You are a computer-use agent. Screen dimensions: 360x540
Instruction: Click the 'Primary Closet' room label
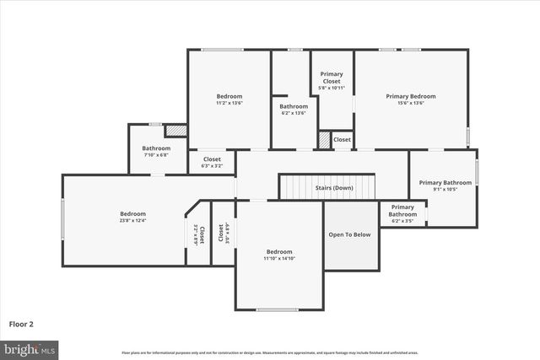pos(332,74)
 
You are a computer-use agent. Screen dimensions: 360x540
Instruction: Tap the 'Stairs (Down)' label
pos(334,187)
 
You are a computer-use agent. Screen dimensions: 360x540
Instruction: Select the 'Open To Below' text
pos(349,234)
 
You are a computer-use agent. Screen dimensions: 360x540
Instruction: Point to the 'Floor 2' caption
pos(22,323)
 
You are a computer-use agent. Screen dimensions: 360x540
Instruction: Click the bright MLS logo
pos(30,348)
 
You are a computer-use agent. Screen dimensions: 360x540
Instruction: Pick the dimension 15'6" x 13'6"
pos(410,103)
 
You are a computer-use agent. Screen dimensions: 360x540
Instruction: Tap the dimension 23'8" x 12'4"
pos(132,221)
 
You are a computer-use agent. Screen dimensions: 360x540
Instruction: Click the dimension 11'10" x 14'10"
pos(279,258)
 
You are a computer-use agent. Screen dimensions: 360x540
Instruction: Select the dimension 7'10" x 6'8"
pos(156,155)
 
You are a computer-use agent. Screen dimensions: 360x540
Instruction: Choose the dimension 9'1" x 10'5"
pos(445,189)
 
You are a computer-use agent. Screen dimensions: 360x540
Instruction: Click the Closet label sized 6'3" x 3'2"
pos(212,165)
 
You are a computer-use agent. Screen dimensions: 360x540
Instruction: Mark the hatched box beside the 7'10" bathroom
pos(175,131)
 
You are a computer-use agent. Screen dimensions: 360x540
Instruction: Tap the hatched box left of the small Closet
pos(324,140)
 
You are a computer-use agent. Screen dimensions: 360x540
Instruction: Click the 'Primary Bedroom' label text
pos(410,96)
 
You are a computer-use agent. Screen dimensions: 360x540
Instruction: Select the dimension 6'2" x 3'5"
pos(402,221)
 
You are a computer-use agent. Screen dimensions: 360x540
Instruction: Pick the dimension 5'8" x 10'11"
pos(332,88)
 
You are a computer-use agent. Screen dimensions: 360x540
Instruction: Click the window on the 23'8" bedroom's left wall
pos(62,218)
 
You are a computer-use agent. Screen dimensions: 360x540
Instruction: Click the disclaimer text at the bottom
pos(270,352)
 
